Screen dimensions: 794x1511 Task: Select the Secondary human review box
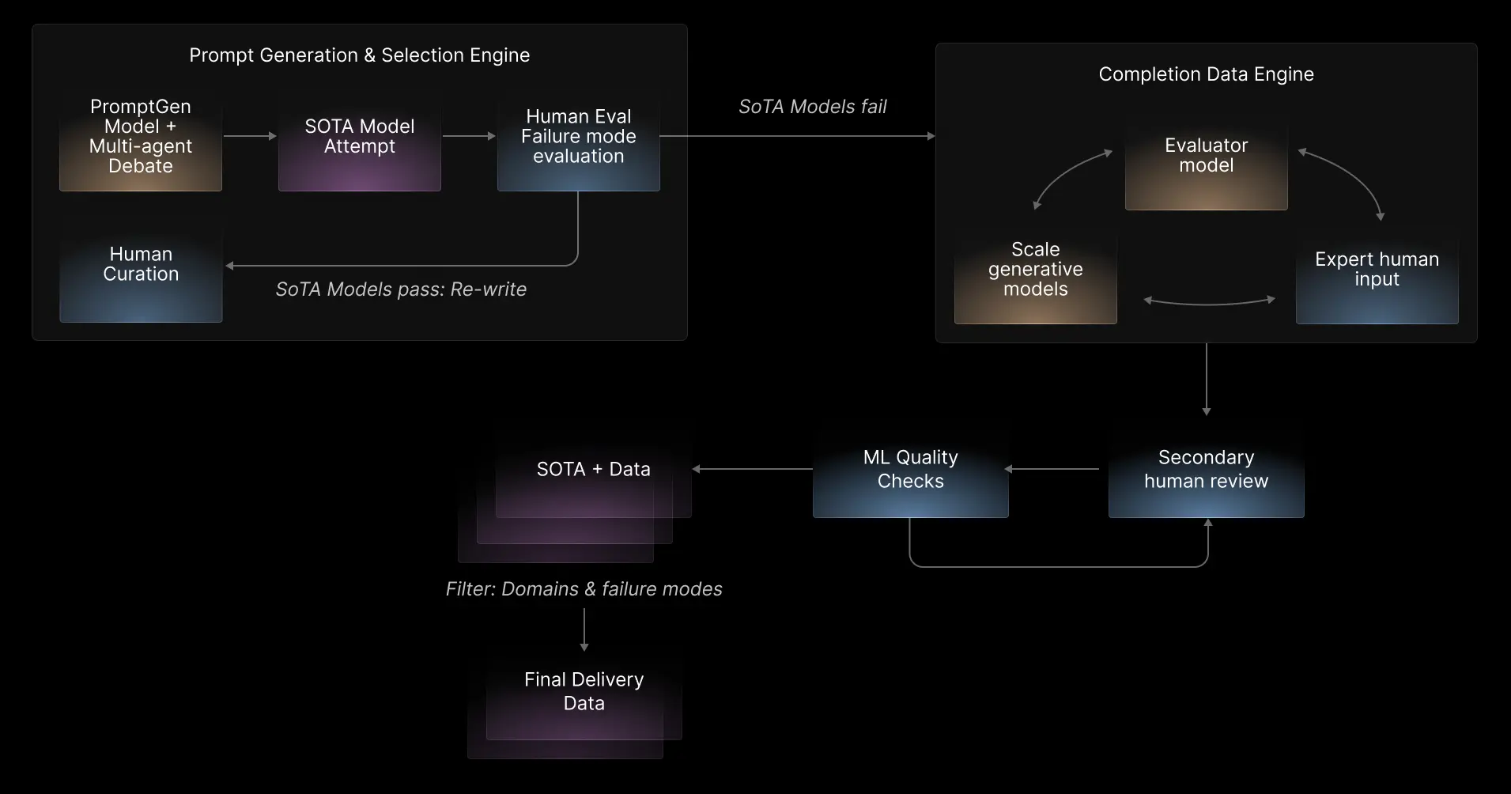pyautogui.click(x=1206, y=470)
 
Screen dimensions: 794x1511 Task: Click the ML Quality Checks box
pyautogui.click(x=910, y=470)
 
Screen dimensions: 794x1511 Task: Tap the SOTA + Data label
pyautogui.click(x=593, y=470)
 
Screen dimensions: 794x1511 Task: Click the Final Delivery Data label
pyautogui.click(x=584, y=692)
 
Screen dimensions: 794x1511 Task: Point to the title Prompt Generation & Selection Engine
pyautogui.click(x=360, y=55)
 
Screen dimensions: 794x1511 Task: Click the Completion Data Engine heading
pyautogui.click(x=1206, y=74)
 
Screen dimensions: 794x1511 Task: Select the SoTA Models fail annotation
pyautogui.click(x=812, y=107)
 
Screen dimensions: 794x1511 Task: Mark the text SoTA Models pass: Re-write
pyautogui.click(x=401, y=289)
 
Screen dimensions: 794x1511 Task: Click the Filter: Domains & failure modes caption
pyautogui.click(x=584, y=589)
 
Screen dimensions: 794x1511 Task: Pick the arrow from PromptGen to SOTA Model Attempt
pyautogui.click(x=250, y=136)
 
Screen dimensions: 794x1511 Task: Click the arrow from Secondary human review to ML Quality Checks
pyautogui.click(x=1052, y=469)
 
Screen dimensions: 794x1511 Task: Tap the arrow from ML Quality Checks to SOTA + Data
pyautogui.click(x=752, y=469)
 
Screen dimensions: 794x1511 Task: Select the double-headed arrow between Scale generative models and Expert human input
pyautogui.click(x=1210, y=301)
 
